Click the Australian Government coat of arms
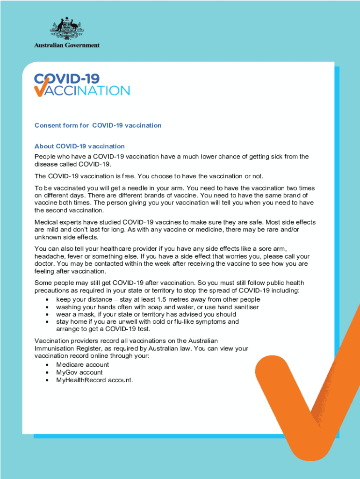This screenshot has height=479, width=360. (x=66, y=29)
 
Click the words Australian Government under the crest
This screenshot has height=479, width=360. (x=67, y=45)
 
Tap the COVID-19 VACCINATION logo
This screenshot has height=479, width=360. (x=82, y=85)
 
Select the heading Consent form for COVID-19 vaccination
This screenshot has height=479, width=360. (x=98, y=125)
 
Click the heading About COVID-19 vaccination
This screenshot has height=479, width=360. (x=79, y=146)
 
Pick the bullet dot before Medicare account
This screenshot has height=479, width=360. (x=47, y=365)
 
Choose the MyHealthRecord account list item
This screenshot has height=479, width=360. (x=94, y=380)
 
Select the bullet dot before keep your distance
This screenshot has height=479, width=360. (x=47, y=299)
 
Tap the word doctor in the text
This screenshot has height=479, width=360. (x=45, y=264)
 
